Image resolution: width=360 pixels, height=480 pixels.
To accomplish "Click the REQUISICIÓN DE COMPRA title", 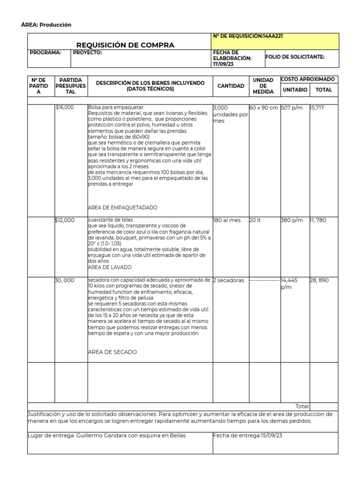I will [125, 45].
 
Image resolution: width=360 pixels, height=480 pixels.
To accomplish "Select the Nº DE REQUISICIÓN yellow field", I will [275, 41].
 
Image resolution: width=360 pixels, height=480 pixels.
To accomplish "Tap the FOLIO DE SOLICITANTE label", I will [295, 57].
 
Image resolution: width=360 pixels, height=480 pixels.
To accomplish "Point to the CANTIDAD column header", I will [231, 86].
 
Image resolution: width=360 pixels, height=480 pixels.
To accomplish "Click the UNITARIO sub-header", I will [294, 90].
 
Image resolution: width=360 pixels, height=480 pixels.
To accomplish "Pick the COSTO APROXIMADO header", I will [308, 79].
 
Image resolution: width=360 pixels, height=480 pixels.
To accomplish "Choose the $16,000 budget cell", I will [65, 108].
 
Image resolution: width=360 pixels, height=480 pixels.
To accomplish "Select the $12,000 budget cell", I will [65, 220].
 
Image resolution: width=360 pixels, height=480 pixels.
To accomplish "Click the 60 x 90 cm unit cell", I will [263, 108].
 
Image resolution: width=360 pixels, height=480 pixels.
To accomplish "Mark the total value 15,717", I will [317, 108].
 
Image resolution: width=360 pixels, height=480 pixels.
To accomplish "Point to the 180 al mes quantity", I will [227, 220].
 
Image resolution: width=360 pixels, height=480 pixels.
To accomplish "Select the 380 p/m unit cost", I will [292, 220].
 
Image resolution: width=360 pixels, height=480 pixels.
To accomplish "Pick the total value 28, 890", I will [320, 280].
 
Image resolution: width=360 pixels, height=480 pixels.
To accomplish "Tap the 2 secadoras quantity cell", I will [228, 280].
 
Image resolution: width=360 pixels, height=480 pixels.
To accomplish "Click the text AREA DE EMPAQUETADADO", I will [122, 208].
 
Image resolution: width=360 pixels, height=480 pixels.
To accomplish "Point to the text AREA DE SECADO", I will [112, 352].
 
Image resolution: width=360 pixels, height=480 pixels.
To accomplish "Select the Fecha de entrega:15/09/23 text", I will [247, 435].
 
